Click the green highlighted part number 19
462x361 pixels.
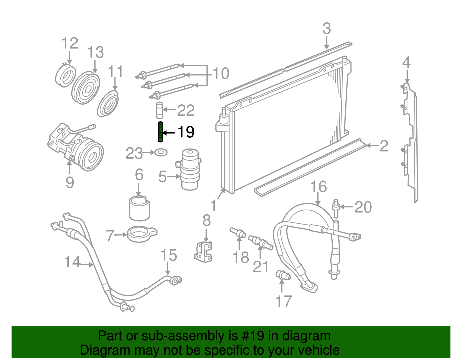[x=160, y=132]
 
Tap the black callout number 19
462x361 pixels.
[x=186, y=132]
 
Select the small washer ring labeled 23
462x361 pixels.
[x=161, y=152]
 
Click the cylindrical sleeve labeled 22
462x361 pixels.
[x=160, y=110]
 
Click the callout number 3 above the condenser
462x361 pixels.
[x=327, y=29]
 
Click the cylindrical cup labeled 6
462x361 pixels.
[x=139, y=208]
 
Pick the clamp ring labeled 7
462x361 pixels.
[x=142, y=234]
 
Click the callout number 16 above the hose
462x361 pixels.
[x=318, y=187]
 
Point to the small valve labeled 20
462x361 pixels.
[x=336, y=208]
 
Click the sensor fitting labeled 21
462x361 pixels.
[x=260, y=242]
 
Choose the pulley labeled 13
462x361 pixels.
[x=85, y=88]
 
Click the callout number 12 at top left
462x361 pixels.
[x=70, y=43]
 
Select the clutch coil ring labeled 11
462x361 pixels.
[x=108, y=103]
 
